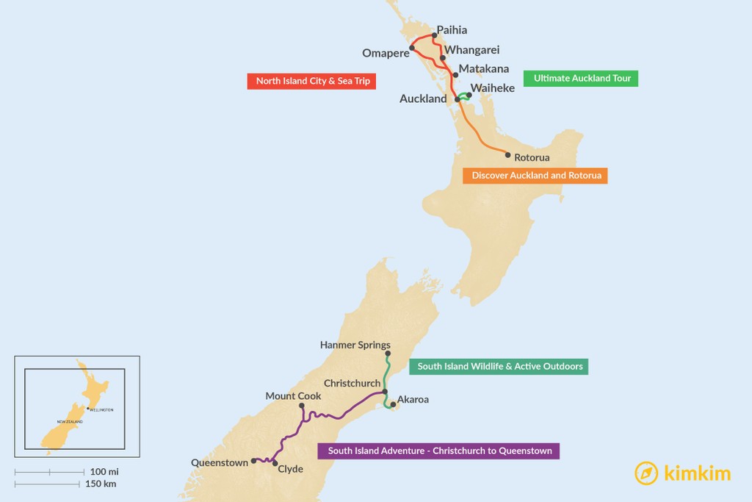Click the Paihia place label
point(452,30)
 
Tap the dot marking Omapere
point(412,49)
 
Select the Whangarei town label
point(472,50)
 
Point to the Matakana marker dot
point(455,75)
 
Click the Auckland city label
point(423,98)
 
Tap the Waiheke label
point(493,87)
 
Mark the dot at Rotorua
point(507,154)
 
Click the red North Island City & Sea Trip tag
point(313,81)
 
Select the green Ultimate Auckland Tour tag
point(581,78)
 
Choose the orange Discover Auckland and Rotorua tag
point(535,176)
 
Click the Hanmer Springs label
point(355,345)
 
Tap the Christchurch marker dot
point(385,392)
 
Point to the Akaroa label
point(413,400)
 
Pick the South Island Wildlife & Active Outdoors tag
point(499,366)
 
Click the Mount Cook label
point(293,395)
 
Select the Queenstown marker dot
point(253,461)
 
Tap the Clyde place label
point(291,469)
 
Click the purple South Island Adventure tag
point(439,451)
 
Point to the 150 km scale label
point(101,484)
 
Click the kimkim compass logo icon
point(646,473)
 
